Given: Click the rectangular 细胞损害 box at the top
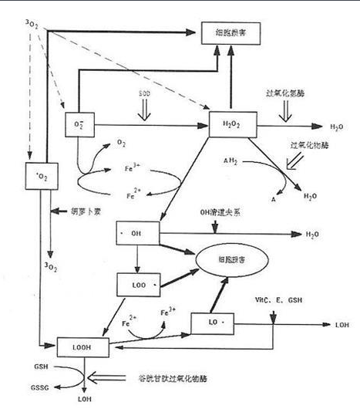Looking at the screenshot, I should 229,32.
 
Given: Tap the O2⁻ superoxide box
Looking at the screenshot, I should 78,124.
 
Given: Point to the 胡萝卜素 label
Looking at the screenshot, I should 85,210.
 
